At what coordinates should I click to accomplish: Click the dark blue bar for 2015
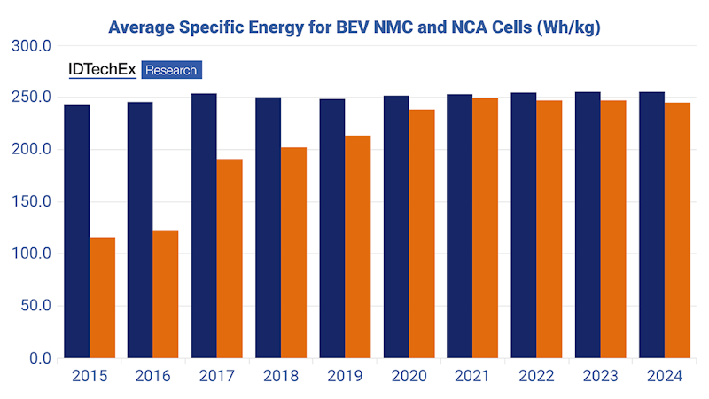(77, 231)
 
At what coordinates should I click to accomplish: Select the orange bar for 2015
(103, 298)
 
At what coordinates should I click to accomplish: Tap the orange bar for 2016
(166, 294)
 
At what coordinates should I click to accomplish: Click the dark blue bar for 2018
(268, 228)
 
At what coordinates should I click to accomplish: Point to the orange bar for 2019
(357, 247)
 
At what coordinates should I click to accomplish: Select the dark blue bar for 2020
(396, 227)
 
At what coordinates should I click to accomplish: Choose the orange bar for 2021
(485, 229)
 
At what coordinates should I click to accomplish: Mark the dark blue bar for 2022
(523, 226)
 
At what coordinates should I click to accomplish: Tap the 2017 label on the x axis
(217, 377)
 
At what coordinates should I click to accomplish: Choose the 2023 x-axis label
(600, 377)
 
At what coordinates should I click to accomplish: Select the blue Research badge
(172, 70)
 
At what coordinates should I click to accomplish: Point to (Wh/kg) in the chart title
(566, 27)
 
